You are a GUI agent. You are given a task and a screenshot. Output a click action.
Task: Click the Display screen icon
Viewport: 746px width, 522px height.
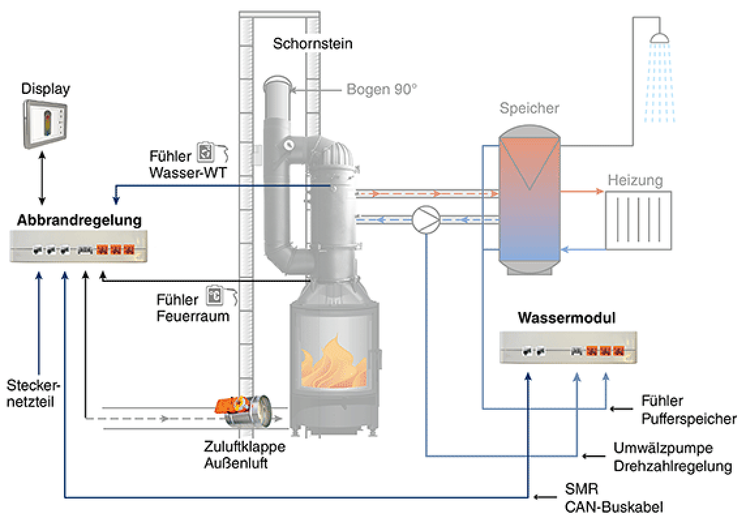pyautogui.click(x=45, y=124)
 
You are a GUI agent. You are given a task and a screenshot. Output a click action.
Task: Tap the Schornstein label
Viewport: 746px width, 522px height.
pyautogui.click(x=312, y=43)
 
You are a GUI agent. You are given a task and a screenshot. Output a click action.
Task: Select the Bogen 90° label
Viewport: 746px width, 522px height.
pyautogui.click(x=381, y=89)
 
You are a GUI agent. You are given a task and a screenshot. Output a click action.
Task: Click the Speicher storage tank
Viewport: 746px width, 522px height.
pyautogui.click(x=529, y=200)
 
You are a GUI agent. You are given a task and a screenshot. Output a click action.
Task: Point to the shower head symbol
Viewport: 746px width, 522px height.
pyautogui.click(x=659, y=37)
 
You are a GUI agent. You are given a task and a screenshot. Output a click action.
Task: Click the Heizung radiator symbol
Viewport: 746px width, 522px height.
pyautogui.click(x=638, y=221)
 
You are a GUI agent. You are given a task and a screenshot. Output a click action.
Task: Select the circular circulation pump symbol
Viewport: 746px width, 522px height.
pyautogui.click(x=426, y=219)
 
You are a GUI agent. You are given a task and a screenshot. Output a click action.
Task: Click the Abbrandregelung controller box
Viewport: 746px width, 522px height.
pyautogui.click(x=78, y=246)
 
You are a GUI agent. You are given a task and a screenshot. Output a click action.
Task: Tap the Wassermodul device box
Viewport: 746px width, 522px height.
pyautogui.click(x=568, y=347)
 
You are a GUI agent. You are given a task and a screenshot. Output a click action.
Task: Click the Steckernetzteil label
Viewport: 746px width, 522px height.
pyautogui.click(x=33, y=393)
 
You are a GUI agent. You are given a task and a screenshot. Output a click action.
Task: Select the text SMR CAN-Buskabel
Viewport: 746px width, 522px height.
pyautogui.click(x=614, y=498)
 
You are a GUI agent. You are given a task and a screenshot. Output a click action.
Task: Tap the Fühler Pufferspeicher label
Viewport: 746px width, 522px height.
pyautogui.click(x=689, y=409)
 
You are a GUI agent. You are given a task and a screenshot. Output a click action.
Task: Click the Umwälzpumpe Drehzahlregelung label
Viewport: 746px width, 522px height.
pyautogui.click(x=672, y=457)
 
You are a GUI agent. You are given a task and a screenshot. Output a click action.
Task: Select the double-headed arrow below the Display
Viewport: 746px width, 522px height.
pyautogui.click(x=42, y=178)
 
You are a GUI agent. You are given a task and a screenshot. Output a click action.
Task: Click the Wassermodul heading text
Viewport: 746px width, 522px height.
pyautogui.click(x=567, y=317)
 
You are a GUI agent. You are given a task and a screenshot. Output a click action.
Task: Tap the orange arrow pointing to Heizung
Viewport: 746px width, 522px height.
pyautogui.click(x=582, y=191)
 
